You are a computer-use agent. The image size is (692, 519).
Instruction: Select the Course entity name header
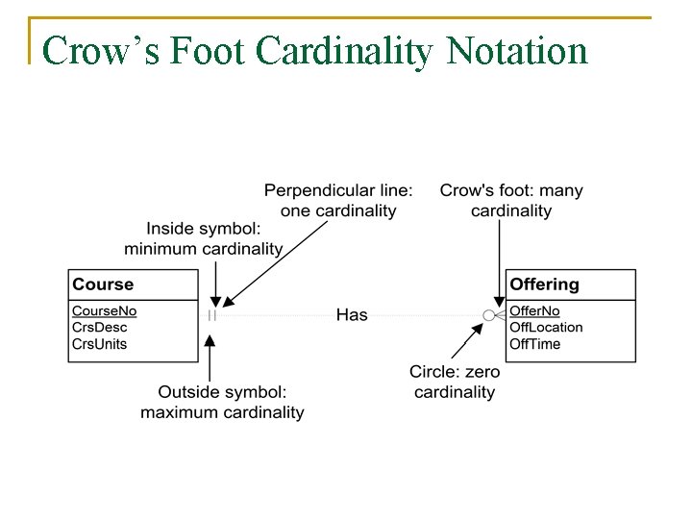click(103, 284)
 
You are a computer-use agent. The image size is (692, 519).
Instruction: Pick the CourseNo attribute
click(105, 311)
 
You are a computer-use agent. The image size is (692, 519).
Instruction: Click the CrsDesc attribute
click(98, 328)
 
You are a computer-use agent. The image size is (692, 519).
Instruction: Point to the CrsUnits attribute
click(100, 344)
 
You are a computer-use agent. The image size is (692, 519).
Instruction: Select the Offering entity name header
click(544, 284)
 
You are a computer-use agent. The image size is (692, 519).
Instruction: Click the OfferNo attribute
click(534, 311)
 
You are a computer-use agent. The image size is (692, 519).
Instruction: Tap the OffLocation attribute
click(546, 328)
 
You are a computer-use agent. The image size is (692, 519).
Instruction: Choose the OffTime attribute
click(534, 344)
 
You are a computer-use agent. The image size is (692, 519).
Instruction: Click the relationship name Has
click(352, 315)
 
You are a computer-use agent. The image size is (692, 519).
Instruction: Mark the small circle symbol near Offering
click(488, 315)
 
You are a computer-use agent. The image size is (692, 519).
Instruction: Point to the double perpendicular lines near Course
click(211, 315)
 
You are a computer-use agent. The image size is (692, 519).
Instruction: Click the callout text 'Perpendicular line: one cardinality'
click(338, 201)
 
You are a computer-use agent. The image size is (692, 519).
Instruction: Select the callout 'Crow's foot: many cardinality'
click(511, 201)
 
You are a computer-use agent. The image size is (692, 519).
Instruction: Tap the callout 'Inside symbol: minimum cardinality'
click(204, 239)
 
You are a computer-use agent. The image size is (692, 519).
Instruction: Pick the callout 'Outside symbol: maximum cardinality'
click(222, 402)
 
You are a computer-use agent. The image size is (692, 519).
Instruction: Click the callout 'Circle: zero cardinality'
click(455, 382)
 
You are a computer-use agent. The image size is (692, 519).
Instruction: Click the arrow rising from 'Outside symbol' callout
click(211, 356)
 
